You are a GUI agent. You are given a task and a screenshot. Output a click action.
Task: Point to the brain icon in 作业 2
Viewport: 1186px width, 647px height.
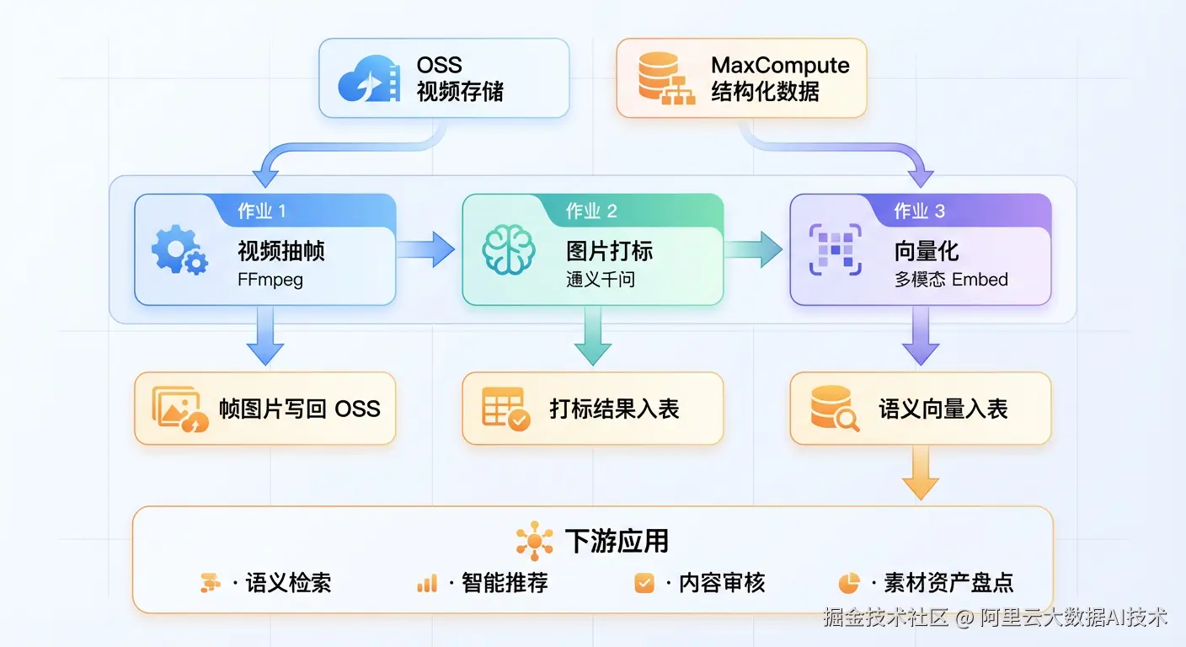click(x=508, y=250)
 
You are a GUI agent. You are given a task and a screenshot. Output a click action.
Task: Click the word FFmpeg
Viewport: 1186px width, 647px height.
click(x=270, y=280)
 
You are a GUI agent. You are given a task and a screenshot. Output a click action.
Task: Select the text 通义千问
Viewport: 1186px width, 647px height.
click(x=600, y=280)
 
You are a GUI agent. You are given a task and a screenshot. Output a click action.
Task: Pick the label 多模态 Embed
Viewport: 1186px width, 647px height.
click(x=951, y=280)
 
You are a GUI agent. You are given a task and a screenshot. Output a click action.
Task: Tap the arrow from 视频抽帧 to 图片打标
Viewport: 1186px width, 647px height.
click(x=426, y=249)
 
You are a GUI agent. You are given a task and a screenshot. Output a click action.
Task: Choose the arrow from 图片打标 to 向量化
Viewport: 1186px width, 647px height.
click(x=754, y=249)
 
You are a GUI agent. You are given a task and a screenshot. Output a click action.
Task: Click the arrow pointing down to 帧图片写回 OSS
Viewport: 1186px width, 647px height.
click(x=265, y=337)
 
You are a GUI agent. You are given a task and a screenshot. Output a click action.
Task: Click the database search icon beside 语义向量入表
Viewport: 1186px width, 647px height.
click(x=834, y=409)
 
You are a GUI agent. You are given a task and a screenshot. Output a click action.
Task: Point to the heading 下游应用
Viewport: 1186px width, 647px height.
click(x=617, y=540)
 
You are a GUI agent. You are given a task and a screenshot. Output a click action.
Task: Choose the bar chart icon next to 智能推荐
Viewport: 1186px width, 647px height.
click(x=427, y=583)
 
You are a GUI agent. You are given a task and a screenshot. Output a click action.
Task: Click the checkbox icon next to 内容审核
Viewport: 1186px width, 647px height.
click(x=644, y=583)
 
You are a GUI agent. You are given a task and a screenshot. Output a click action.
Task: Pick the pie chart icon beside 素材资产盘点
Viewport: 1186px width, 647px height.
click(x=848, y=583)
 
